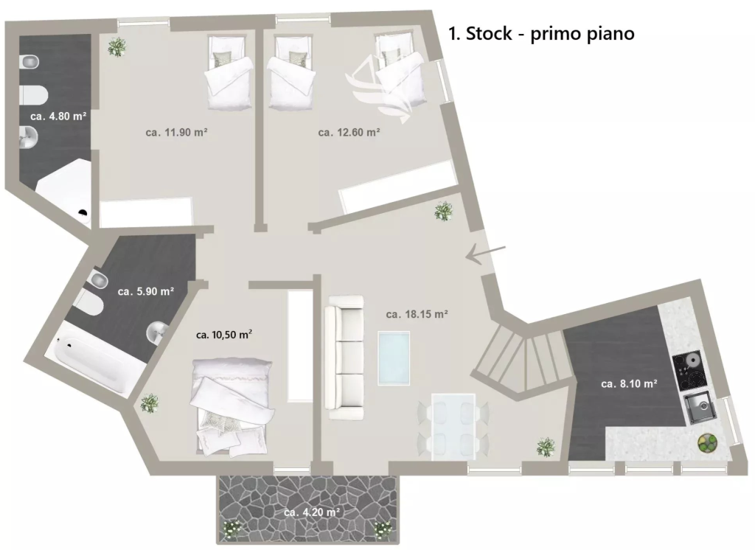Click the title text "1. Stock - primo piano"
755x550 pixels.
pyautogui.click(x=541, y=34)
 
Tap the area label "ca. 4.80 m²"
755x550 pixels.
pyautogui.click(x=58, y=116)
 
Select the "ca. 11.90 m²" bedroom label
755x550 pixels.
pyautogui.click(x=177, y=132)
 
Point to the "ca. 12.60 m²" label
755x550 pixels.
pyautogui.click(x=349, y=132)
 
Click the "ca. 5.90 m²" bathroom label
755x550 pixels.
pyautogui.click(x=146, y=291)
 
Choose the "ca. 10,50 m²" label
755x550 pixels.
pyautogui.click(x=224, y=334)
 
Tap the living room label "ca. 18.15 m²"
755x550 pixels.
pyautogui.click(x=417, y=314)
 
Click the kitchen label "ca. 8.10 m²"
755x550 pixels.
pyautogui.click(x=630, y=383)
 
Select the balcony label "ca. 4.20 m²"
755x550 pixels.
pyautogui.click(x=312, y=512)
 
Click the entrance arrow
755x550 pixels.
pyautogui.click(x=486, y=254)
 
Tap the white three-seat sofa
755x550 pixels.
pyautogui.click(x=344, y=358)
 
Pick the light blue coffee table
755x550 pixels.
pyautogui.click(x=394, y=358)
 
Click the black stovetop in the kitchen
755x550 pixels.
pyautogui.click(x=690, y=372)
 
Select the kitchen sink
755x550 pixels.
pyautogui.click(x=700, y=408)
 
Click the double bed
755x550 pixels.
pyautogui.click(x=232, y=406)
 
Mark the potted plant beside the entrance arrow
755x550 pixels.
pyautogui.click(x=443, y=211)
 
